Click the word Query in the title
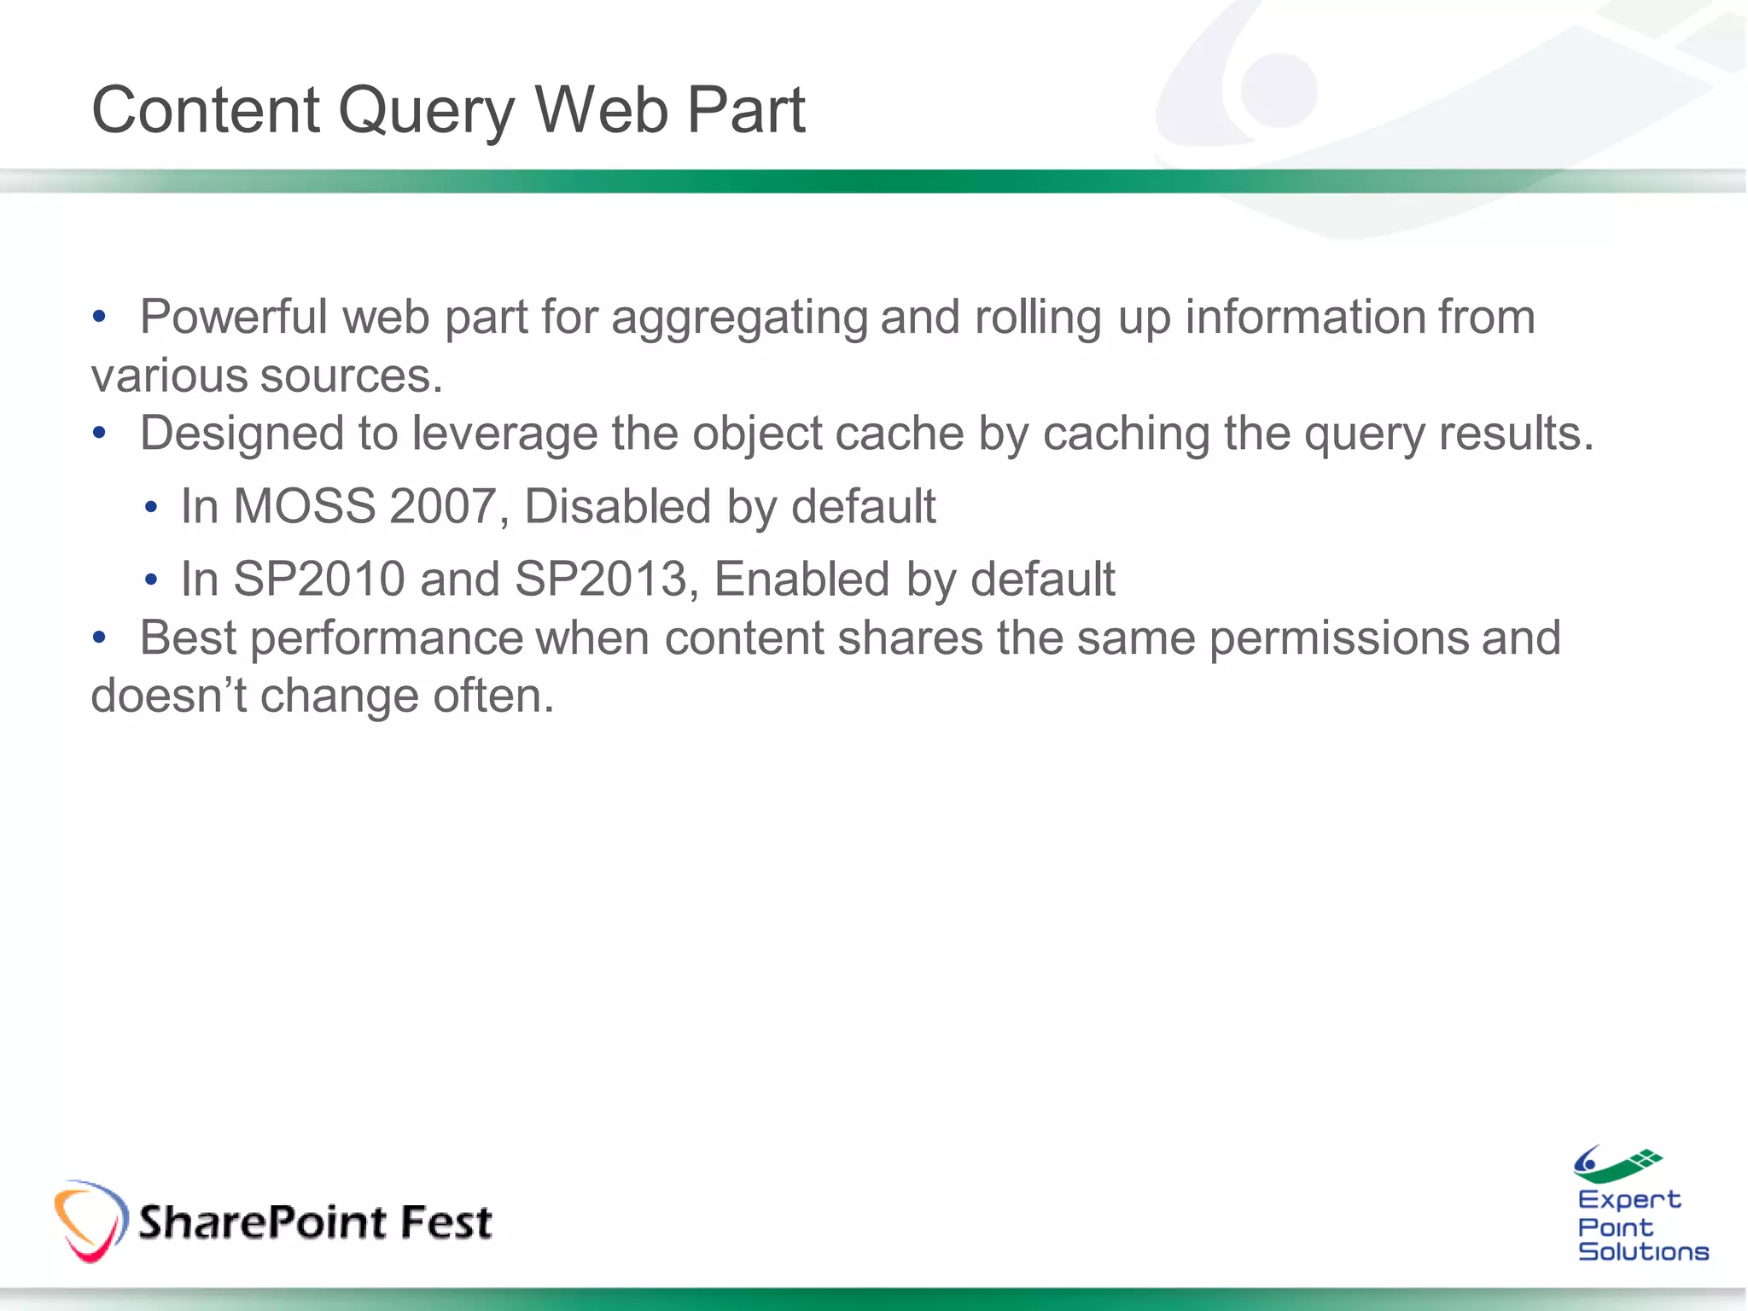[x=426, y=112]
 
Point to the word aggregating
[x=739, y=318]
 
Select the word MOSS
[x=305, y=506]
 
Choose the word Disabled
[x=617, y=506]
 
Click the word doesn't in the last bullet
[x=169, y=696]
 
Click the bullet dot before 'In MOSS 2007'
[x=151, y=509]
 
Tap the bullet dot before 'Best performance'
[x=100, y=638]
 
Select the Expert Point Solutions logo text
[x=1641, y=1227]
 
